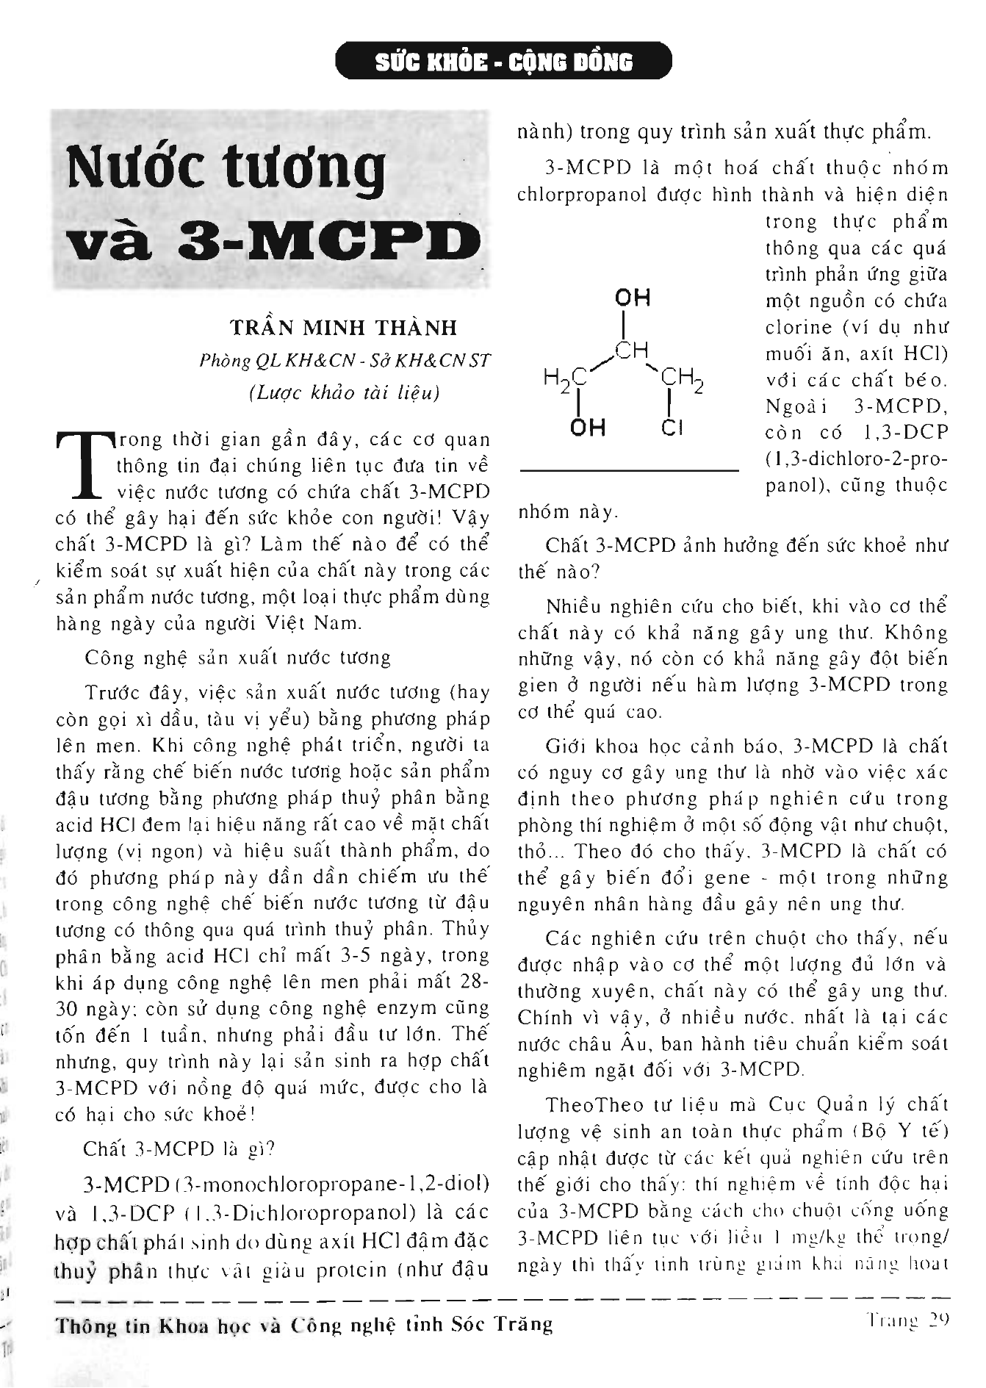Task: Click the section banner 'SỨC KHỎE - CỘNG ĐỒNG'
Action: pos(503,61)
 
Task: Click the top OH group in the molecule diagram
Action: pos(632,298)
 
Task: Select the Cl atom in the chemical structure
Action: pos(672,428)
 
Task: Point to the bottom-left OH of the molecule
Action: pos(587,427)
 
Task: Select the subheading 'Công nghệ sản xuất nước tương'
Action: pos(237,657)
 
